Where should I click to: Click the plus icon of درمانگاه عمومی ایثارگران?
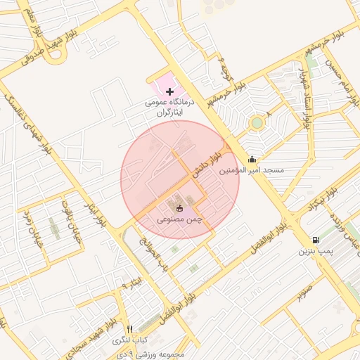[169, 91]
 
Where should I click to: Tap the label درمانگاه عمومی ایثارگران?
[168, 107]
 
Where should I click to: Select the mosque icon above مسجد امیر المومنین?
[252, 159]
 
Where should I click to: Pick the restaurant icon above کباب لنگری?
[129, 329]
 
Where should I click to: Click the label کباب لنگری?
[129, 340]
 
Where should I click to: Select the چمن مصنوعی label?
[180, 219]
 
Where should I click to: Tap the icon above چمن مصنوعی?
[180, 208]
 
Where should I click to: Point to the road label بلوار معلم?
[32, 21]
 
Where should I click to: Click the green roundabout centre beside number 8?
[257, 124]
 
